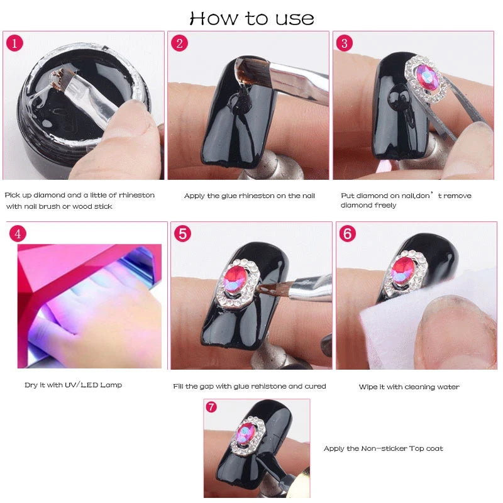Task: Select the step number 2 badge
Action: click(180, 43)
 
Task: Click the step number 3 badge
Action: click(345, 43)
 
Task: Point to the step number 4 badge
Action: click(18, 233)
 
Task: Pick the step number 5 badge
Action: click(182, 233)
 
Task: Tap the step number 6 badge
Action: click(347, 233)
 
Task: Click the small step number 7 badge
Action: click(211, 407)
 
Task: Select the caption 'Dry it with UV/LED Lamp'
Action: click(73, 385)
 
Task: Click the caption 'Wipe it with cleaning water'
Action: click(409, 387)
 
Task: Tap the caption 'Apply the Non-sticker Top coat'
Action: click(383, 448)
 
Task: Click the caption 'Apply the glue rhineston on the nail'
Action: click(249, 196)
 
